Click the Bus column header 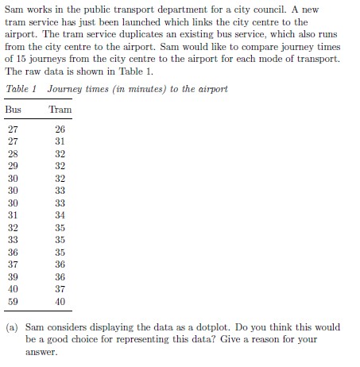click(13, 110)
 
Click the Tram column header click(60, 110)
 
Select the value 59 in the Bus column click(12, 302)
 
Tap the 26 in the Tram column click(60, 129)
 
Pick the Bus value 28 click(12, 154)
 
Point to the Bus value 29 click(12, 167)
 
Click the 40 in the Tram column click(60, 302)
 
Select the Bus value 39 click(12, 277)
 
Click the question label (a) click(12, 327)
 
